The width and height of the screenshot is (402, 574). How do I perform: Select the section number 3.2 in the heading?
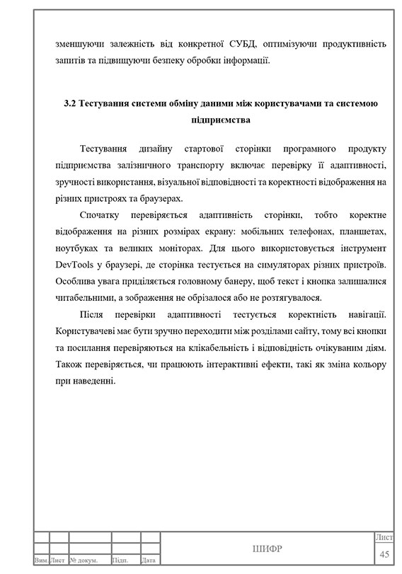tap(69, 103)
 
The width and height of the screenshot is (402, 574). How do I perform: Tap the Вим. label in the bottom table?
tap(41, 561)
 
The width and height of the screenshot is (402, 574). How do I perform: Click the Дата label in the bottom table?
tap(149, 561)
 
